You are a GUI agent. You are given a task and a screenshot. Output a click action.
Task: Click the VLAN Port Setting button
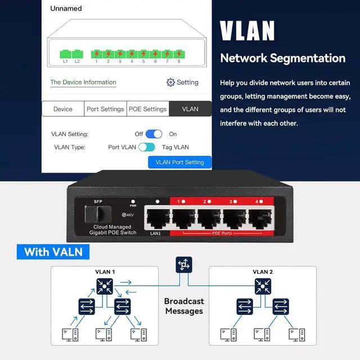[x=179, y=162]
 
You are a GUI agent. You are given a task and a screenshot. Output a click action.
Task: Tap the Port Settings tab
[x=105, y=109]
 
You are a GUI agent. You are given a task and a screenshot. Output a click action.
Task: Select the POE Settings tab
[x=147, y=109]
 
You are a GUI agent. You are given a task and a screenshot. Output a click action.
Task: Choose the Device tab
[x=63, y=109]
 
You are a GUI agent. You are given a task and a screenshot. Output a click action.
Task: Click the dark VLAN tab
[x=190, y=109]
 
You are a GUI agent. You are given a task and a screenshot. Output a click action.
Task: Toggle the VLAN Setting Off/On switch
[x=154, y=134]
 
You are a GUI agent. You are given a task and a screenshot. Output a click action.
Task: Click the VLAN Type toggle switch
[x=147, y=147]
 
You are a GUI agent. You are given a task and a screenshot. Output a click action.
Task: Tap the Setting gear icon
[x=170, y=82]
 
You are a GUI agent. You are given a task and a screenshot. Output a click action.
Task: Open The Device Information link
[x=83, y=82]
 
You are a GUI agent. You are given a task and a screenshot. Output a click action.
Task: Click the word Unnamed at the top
[x=66, y=8]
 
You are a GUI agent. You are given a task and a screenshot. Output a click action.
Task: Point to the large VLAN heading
[x=247, y=31]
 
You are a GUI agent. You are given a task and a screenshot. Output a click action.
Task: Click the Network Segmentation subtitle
[x=282, y=58]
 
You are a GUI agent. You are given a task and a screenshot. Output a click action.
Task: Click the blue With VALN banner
[x=53, y=251]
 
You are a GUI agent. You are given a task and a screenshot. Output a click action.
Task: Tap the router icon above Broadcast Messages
[x=184, y=264]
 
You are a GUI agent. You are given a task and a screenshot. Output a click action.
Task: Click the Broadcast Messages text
[x=183, y=306]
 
